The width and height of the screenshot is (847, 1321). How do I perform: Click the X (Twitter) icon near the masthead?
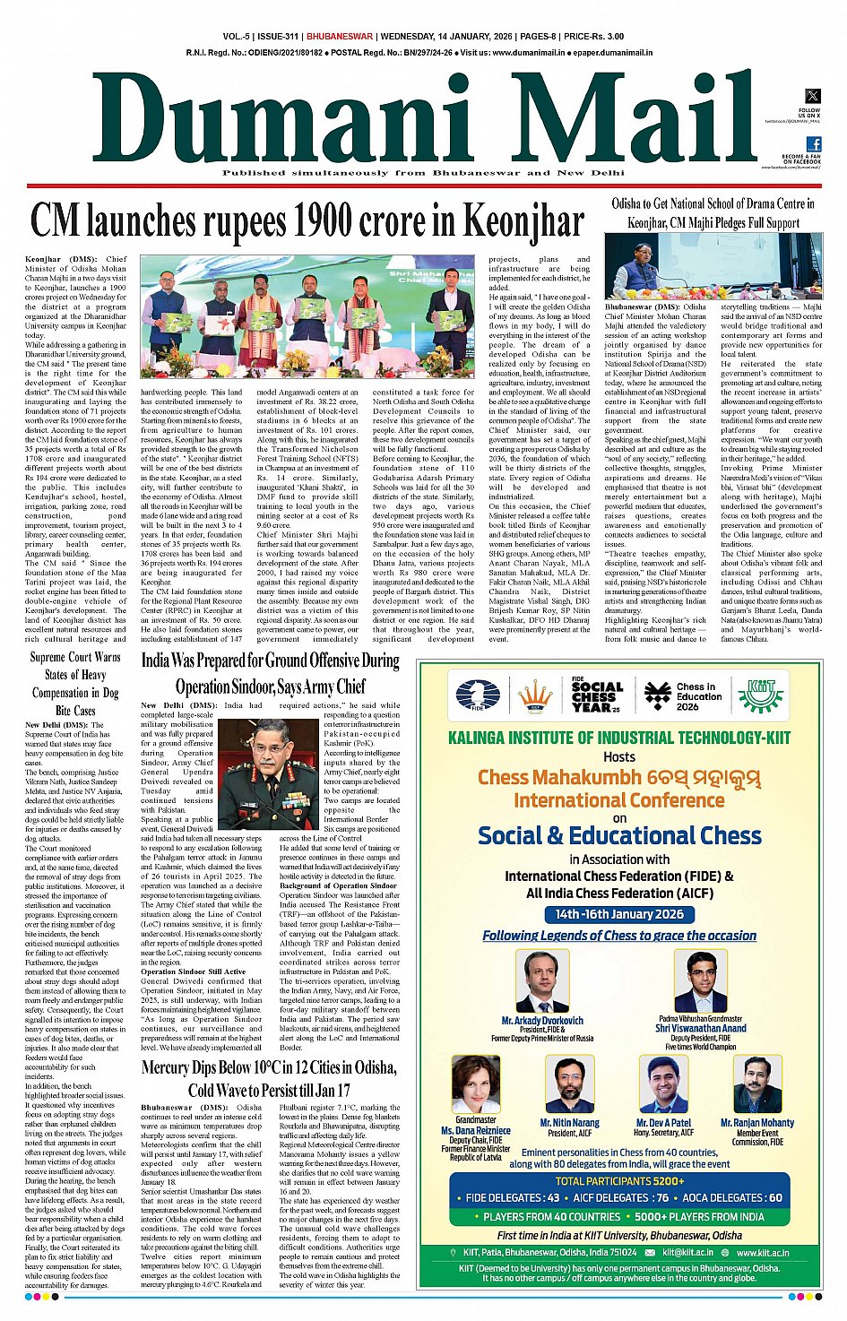pos(812,96)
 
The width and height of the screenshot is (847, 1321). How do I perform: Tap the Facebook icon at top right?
pos(813,144)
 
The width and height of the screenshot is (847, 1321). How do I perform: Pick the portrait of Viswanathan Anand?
pos(700,981)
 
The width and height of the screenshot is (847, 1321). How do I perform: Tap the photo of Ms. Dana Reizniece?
pos(476,1084)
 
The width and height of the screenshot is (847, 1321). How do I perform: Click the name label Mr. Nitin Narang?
pos(569,1122)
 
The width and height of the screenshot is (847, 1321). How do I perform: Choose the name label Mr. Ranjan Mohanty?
pos(757,1122)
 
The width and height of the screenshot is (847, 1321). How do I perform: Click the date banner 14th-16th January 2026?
pos(618,914)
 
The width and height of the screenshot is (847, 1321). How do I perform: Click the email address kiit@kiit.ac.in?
pos(688,1252)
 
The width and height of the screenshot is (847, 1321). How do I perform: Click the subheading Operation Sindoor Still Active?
pos(193,971)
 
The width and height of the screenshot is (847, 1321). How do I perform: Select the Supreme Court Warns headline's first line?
pos(75,657)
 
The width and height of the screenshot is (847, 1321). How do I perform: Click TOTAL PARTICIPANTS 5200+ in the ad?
pos(619,1180)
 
